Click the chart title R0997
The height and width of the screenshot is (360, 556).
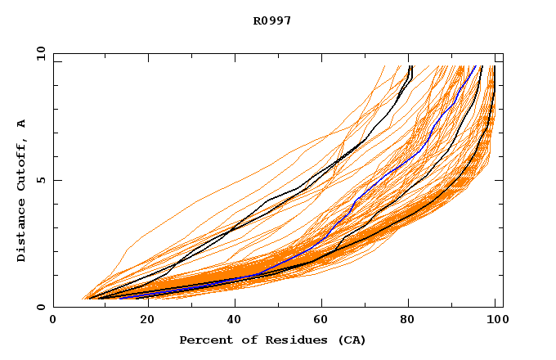coord(272,20)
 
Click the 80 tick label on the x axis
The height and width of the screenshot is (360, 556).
coord(409,322)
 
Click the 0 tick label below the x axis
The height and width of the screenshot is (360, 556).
coord(54,322)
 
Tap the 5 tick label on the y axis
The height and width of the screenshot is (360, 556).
coord(40,180)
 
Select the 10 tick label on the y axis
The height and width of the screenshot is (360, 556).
coord(40,52)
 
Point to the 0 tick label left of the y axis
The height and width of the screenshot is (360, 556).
coord(40,308)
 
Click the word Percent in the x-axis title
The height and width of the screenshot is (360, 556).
coord(204,340)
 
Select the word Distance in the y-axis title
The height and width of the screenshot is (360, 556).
coord(21,230)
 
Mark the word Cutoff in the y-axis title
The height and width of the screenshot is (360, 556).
coord(21,159)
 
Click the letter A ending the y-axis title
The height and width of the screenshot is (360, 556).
coord(21,123)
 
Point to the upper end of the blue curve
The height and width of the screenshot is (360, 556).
coord(478,66)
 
